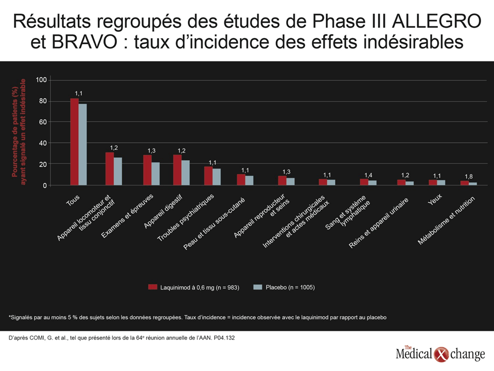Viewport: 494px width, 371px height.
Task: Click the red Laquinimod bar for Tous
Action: click(x=74, y=142)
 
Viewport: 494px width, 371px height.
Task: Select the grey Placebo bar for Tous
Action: click(x=82, y=144)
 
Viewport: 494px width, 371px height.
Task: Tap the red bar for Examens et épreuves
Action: click(x=148, y=170)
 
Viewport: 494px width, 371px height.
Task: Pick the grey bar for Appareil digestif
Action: click(x=186, y=173)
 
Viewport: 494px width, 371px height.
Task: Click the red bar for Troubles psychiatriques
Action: click(x=208, y=176)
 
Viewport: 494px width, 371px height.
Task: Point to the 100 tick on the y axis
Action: click(x=41, y=80)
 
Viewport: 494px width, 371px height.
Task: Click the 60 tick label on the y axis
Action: click(x=43, y=122)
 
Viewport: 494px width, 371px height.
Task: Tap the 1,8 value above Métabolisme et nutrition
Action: click(x=469, y=176)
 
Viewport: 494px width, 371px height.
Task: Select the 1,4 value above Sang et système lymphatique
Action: click(x=368, y=175)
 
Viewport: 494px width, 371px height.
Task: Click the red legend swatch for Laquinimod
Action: click(x=153, y=287)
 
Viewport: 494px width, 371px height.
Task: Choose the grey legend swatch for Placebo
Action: click(x=258, y=287)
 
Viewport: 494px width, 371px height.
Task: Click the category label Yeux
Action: click(x=435, y=200)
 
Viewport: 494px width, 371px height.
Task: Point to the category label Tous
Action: click(x=73, y=200)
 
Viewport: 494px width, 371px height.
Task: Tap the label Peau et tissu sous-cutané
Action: click(x=214, y=224)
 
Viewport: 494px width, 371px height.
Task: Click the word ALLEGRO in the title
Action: click(x=437, y=22)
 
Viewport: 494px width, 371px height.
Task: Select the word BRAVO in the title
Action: click(x=84, y=42)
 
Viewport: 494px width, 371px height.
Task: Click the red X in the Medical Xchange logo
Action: click(x=441, y=355)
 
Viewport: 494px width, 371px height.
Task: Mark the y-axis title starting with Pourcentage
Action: click(x=19, y=132)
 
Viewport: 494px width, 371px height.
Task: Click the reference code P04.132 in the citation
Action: click(x=224, y=338)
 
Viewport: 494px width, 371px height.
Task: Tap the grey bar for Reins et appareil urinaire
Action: click(x=410, y=183)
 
